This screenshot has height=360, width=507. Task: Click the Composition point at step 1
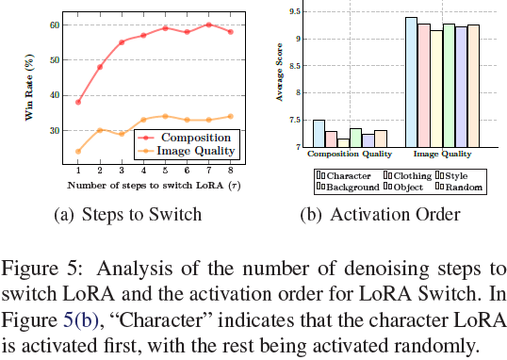pyautogui.click(x=77, y=102)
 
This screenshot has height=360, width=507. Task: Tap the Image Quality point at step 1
pyautogui.click(x=77, y=151)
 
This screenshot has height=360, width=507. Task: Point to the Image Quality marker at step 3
pyautogui.click(x=121, y=134)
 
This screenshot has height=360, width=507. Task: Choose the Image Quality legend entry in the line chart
pyautogui.click(x=198, y=149)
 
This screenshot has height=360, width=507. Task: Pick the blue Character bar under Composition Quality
pyautogui.click(x=319, y=134)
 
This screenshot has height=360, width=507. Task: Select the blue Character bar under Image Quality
pyautogui.click(x=411, y=82)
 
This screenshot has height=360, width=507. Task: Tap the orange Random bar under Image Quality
pyautogui.click(x=473, y=86)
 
